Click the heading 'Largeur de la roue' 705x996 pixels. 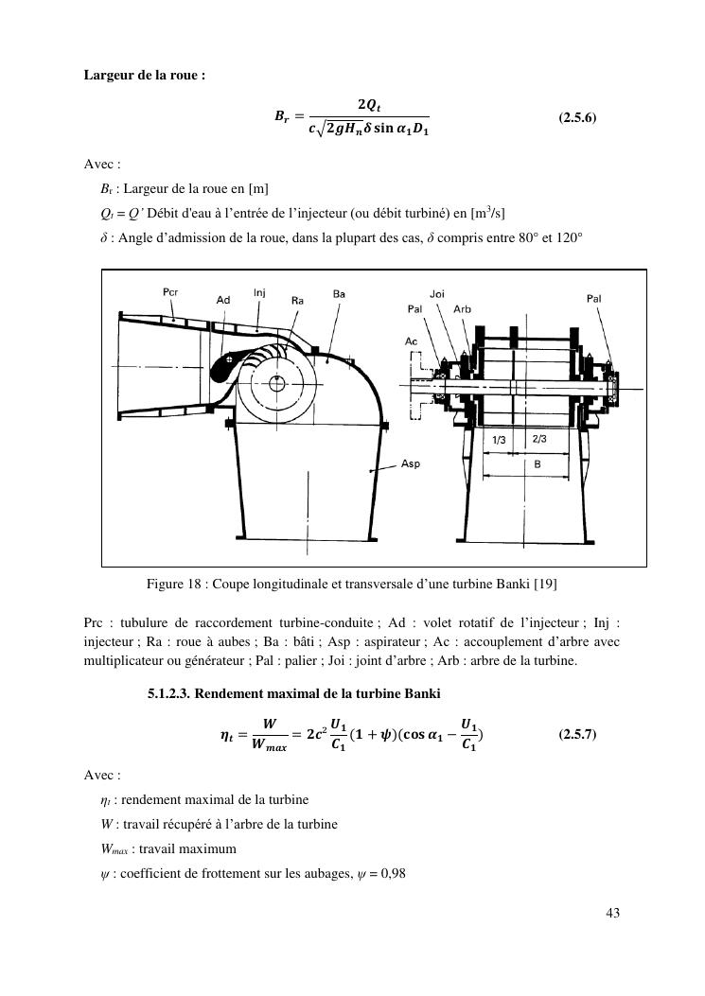point(144,75)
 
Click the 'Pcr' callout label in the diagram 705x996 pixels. point(170,292)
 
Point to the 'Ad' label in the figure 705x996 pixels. point(223,300)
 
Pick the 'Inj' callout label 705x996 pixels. point(259,292)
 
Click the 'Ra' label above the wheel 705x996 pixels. point(297,300)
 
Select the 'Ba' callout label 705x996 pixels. point(339,294)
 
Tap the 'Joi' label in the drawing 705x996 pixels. point(437,294)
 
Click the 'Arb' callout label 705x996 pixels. point(463,309)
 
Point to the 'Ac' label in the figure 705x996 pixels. point(411,341)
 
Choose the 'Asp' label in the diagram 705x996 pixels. point(411,463)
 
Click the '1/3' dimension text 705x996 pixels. point(501,440)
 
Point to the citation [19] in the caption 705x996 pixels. point(545,584)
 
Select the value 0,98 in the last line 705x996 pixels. point(391,873)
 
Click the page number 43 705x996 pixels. point(610,914)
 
